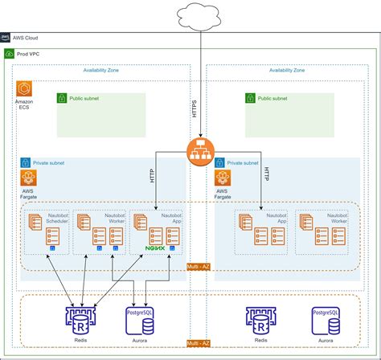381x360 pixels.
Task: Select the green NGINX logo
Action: click(x=155, y=249)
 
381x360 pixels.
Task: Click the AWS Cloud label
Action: click(x=27, y=37)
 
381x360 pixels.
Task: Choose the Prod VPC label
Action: click(x=30, y=53)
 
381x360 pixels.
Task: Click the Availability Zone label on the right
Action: click(x=287, y=70)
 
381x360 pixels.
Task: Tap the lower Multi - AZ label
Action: click(x=198, y=344)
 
